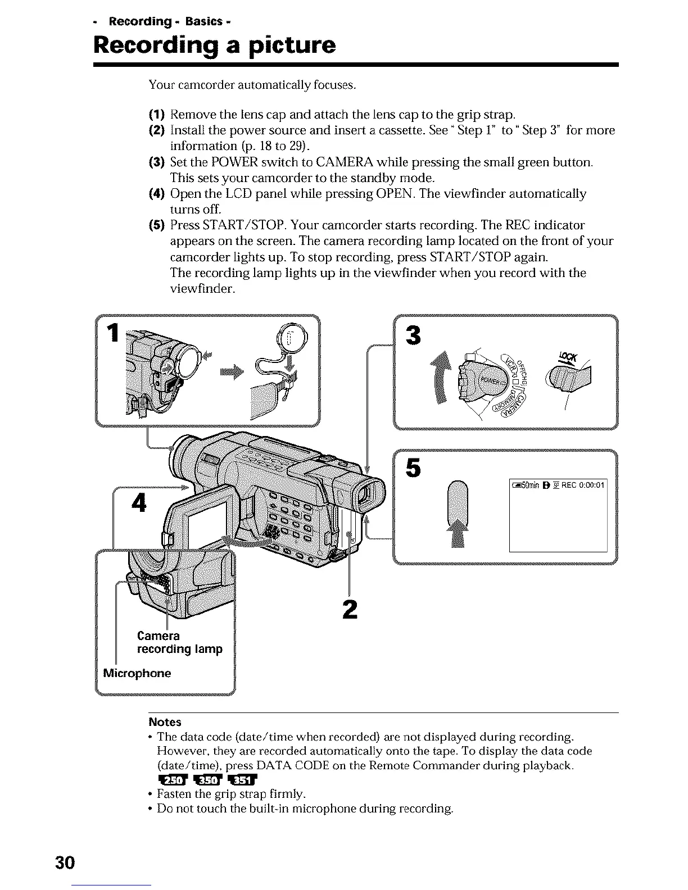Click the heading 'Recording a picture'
215,45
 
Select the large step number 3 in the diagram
413,335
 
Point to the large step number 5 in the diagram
413,467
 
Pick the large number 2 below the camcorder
350,609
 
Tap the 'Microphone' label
138,673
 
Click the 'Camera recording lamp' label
179,642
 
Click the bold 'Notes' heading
165,721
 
